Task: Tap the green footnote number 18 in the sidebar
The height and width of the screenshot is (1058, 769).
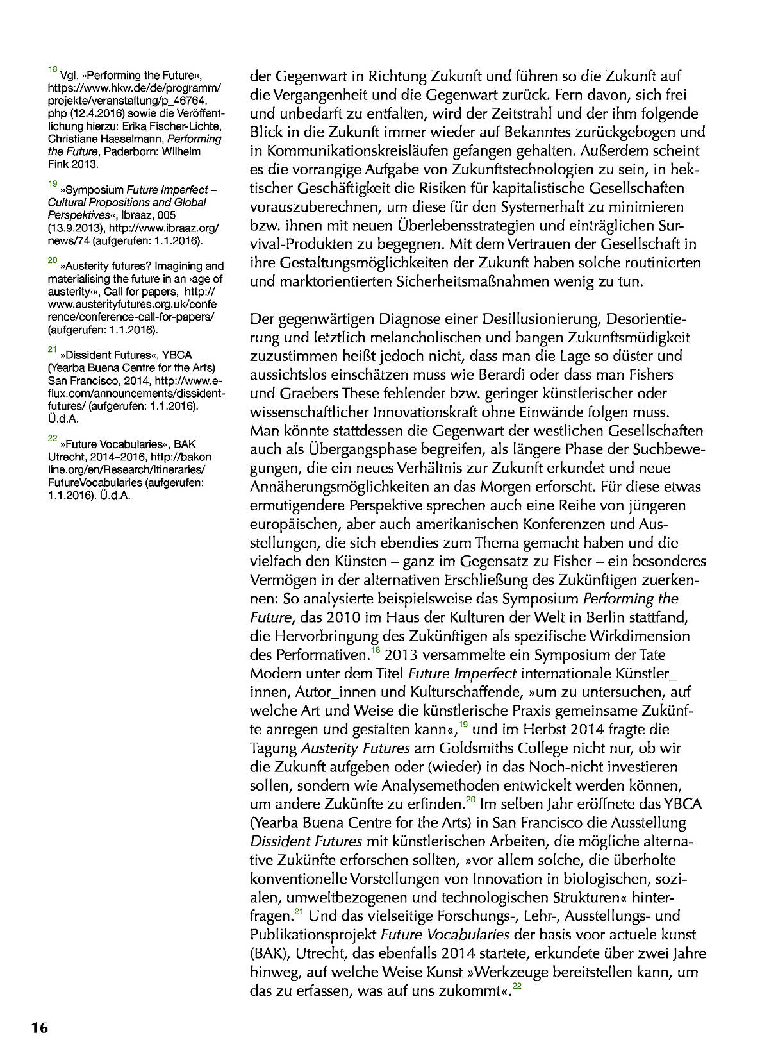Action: [53, 69]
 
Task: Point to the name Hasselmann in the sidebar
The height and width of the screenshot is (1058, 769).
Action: [120, 139]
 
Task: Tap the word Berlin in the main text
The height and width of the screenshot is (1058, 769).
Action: [592, 617]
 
